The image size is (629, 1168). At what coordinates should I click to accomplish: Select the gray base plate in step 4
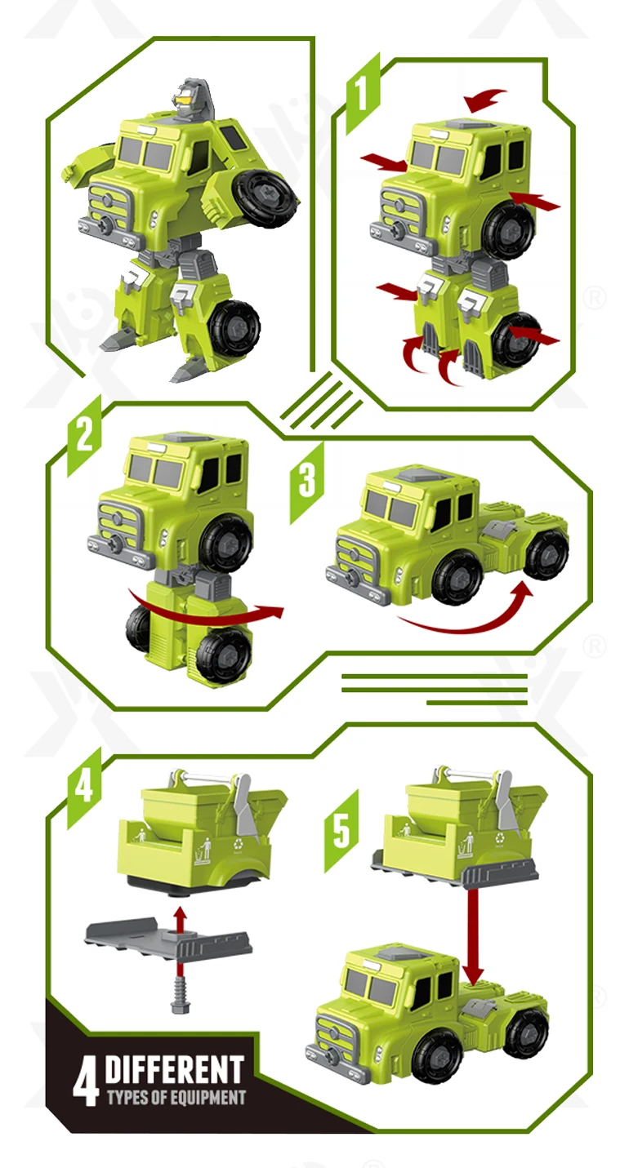coord(167,939)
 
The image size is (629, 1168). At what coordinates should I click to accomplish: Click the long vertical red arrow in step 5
coord(473,935)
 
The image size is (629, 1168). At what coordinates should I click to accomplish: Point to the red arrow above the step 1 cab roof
coord(486,100)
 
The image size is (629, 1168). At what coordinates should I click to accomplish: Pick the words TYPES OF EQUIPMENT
coord(175,1097)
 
